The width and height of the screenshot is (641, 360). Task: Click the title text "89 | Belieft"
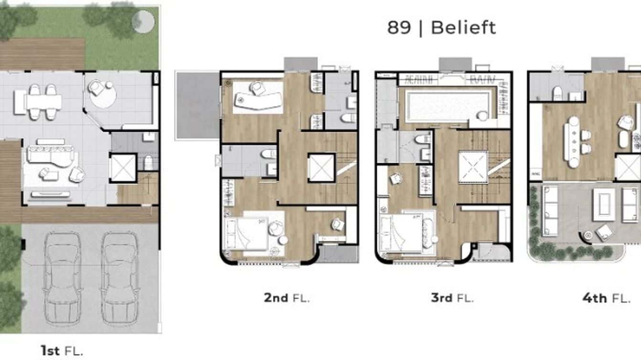coord(441,28)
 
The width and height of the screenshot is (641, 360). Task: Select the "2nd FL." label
coord(287,298)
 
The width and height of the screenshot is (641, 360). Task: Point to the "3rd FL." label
coord(452,298)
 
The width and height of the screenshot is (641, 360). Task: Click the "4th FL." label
coord(606,298)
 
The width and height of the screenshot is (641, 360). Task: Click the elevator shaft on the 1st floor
coord(123,167)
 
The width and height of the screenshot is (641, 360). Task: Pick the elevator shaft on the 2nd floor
coord(322,168)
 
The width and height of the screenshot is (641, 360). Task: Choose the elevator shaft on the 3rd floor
coord(473,167)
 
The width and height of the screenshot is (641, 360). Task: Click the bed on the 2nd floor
coord(247,233)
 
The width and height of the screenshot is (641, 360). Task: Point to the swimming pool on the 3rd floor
coord(448,106)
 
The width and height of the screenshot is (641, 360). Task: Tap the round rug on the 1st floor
coord(104,96)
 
